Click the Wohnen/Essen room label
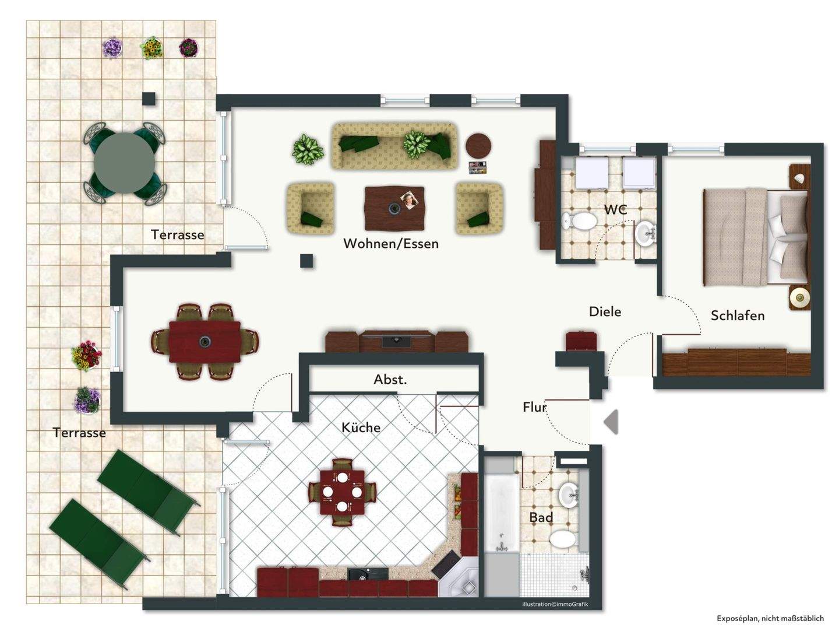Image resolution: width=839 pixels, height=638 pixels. click(x=390, y=244)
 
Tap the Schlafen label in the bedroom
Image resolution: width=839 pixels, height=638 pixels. click(x=737, y=316)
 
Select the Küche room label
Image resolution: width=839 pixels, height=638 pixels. click(x=361, y=427)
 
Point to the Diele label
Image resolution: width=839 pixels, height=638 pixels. click(x=605, y=311)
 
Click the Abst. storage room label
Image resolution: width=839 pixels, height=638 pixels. click(x=390, y=380)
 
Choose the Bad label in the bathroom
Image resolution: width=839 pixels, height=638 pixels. click(x=541, y=517)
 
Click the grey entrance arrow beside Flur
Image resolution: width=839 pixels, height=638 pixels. click(x=611, y=422)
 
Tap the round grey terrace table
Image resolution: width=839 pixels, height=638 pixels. click(x=124, y=162)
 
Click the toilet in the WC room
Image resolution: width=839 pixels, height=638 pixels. click(x=579, y=221)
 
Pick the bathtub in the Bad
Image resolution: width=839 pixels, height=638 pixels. click(x=502, y=513)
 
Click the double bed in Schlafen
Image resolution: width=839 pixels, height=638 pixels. click(x=756, y=237)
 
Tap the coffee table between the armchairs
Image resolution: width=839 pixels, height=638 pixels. click(x=394, y=208)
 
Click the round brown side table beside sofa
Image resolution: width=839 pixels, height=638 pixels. click(x=478, y=146)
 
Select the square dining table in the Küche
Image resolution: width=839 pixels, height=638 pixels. click(x=342, y=492)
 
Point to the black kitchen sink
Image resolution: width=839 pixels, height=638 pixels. click(x=367, y=574)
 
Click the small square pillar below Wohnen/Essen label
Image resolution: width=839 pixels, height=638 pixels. click(x=306, y=261)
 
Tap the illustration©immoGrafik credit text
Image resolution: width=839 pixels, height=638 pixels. click(x=555, y=604)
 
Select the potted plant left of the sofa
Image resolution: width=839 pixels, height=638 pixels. click(x=308, y=149)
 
